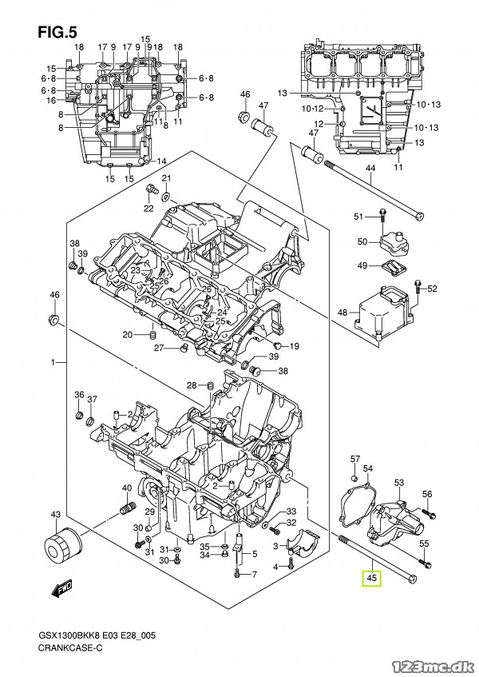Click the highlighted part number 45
coord(372,578)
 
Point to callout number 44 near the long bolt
coord(370,168)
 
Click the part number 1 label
coord(53,363)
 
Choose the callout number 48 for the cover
coord(342,313)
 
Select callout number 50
coord(362,241)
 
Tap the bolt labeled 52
coord(418,286)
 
